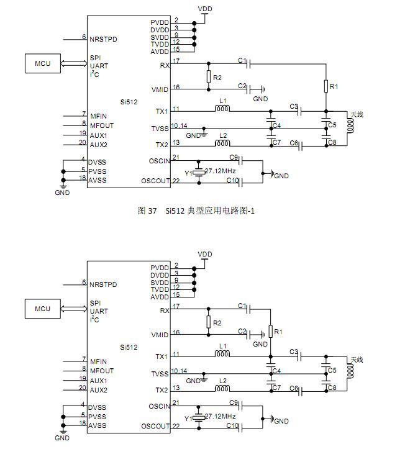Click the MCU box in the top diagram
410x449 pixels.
point(42,63)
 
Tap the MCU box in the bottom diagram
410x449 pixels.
point(42,309)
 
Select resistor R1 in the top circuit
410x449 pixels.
point(325,86)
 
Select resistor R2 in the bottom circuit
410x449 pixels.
point(208,322)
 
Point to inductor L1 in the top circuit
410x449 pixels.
point(222,110)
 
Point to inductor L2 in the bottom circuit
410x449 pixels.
point(222,389)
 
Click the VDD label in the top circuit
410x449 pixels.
point(204,9)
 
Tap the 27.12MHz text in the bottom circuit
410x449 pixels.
point(220,415)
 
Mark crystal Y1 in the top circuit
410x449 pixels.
point(198,171)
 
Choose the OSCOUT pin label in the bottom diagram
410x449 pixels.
point(155,426)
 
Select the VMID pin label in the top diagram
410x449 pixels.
point(159,90)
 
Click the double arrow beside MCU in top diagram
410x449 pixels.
point(74,63)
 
